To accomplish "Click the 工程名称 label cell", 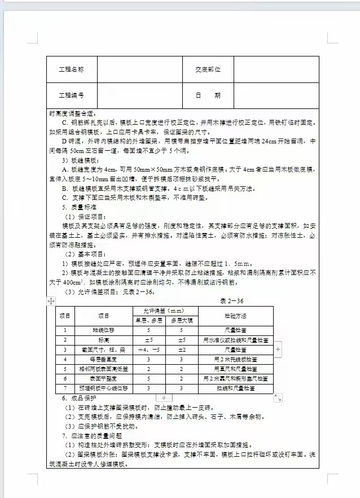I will pos(72,69).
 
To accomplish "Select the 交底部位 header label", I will pos(208,69).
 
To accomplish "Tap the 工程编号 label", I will pos(72,96).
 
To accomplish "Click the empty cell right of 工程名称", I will pos(139,69).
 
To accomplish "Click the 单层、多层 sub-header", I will pos(147,320).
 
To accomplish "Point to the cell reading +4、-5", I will pos(147,350).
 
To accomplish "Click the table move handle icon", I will pos(51,301).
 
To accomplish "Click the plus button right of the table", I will pos(278,350).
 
